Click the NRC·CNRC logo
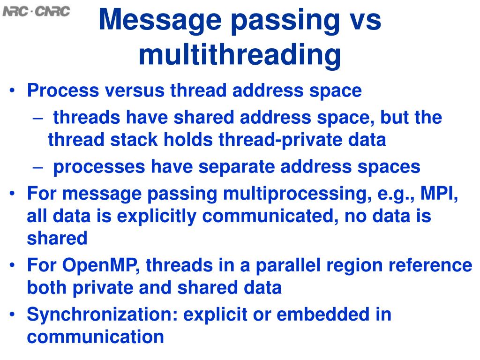[x=36, y=11]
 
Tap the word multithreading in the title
[x=240, y=55]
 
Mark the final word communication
[x=95, y=337]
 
